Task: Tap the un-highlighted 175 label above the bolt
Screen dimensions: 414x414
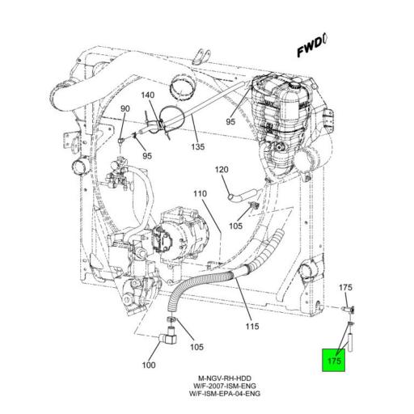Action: (x=345, y=288)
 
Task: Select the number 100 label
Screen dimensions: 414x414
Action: (x=149, y=365)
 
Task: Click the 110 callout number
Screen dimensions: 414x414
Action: (x=201, y=193)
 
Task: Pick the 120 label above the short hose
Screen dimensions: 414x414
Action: (x=222, y=170)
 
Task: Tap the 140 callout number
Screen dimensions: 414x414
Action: (x=148, y=95)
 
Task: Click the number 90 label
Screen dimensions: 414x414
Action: (x=125, y=108)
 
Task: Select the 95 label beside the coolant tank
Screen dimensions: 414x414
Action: (x=230, y=121)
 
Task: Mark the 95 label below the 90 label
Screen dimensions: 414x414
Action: (x=147, y=155)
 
